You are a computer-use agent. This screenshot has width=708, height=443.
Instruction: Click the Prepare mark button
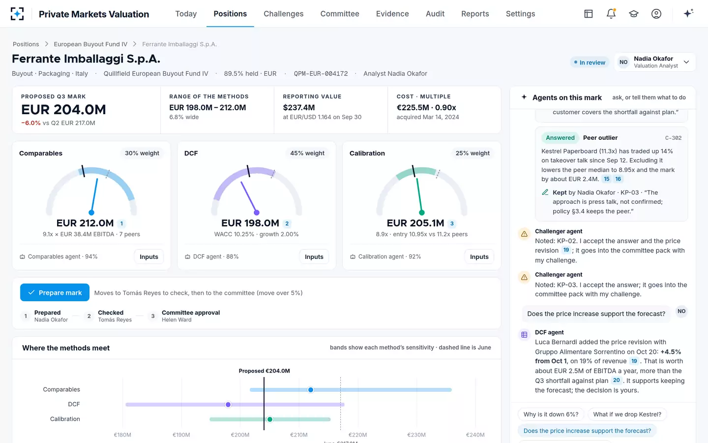pos(55,292)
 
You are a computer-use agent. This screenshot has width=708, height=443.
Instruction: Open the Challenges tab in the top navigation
pos(284,14)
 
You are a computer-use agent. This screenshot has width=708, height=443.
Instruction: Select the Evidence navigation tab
pos(392,14)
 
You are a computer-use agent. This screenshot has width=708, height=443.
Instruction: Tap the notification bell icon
pos(611,14)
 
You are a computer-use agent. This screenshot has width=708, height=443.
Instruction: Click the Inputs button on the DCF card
pos(314,256)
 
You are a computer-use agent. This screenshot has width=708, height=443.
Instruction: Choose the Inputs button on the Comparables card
pos(149,256)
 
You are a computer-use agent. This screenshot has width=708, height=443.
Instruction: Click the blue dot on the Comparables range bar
pos(311,390)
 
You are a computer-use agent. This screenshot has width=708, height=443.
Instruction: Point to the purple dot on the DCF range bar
pos(228,405)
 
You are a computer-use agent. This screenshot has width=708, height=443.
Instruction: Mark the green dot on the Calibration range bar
pos(269,419)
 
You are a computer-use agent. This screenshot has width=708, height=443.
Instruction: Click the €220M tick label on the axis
pos(357,435)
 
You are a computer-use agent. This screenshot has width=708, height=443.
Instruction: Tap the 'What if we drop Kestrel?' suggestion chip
pos(627,414)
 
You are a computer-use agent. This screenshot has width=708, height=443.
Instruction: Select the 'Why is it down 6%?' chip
pos(551,414)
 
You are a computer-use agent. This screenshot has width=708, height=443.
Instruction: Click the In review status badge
pos(590,63)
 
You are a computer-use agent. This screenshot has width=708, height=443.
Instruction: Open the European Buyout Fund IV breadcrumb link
pos(90,44)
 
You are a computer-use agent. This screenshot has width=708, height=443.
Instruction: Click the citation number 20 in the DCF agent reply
pos(617,380)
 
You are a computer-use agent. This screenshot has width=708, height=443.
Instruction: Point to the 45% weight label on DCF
pos(307,153)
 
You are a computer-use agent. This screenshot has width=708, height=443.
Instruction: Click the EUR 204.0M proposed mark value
pos(63,110)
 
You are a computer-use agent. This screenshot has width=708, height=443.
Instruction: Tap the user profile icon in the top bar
pos(656,14)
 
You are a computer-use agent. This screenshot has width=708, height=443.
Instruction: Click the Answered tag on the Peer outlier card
pos(560,138)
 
